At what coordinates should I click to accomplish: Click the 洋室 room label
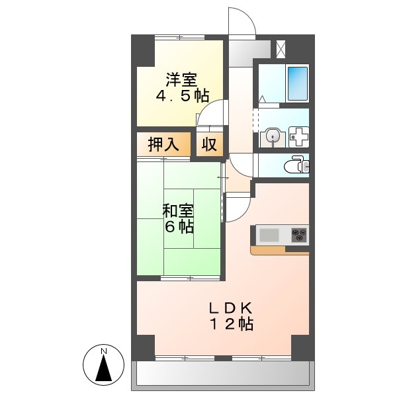point(181,81)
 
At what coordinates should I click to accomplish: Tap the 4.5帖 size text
point(181,97)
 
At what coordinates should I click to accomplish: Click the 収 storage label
point(210,145)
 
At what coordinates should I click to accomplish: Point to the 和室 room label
point(178,211)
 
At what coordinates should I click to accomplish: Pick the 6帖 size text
point(179,227)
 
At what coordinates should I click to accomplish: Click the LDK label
point(231,308)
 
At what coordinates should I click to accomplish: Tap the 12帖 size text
point(231,324)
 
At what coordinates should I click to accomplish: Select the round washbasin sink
point(271,138)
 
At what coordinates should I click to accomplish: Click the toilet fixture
point(294,165)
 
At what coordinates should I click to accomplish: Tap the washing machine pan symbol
point(299,138)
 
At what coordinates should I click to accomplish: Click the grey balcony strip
point(223,376)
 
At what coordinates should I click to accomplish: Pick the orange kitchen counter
point(278,251)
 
